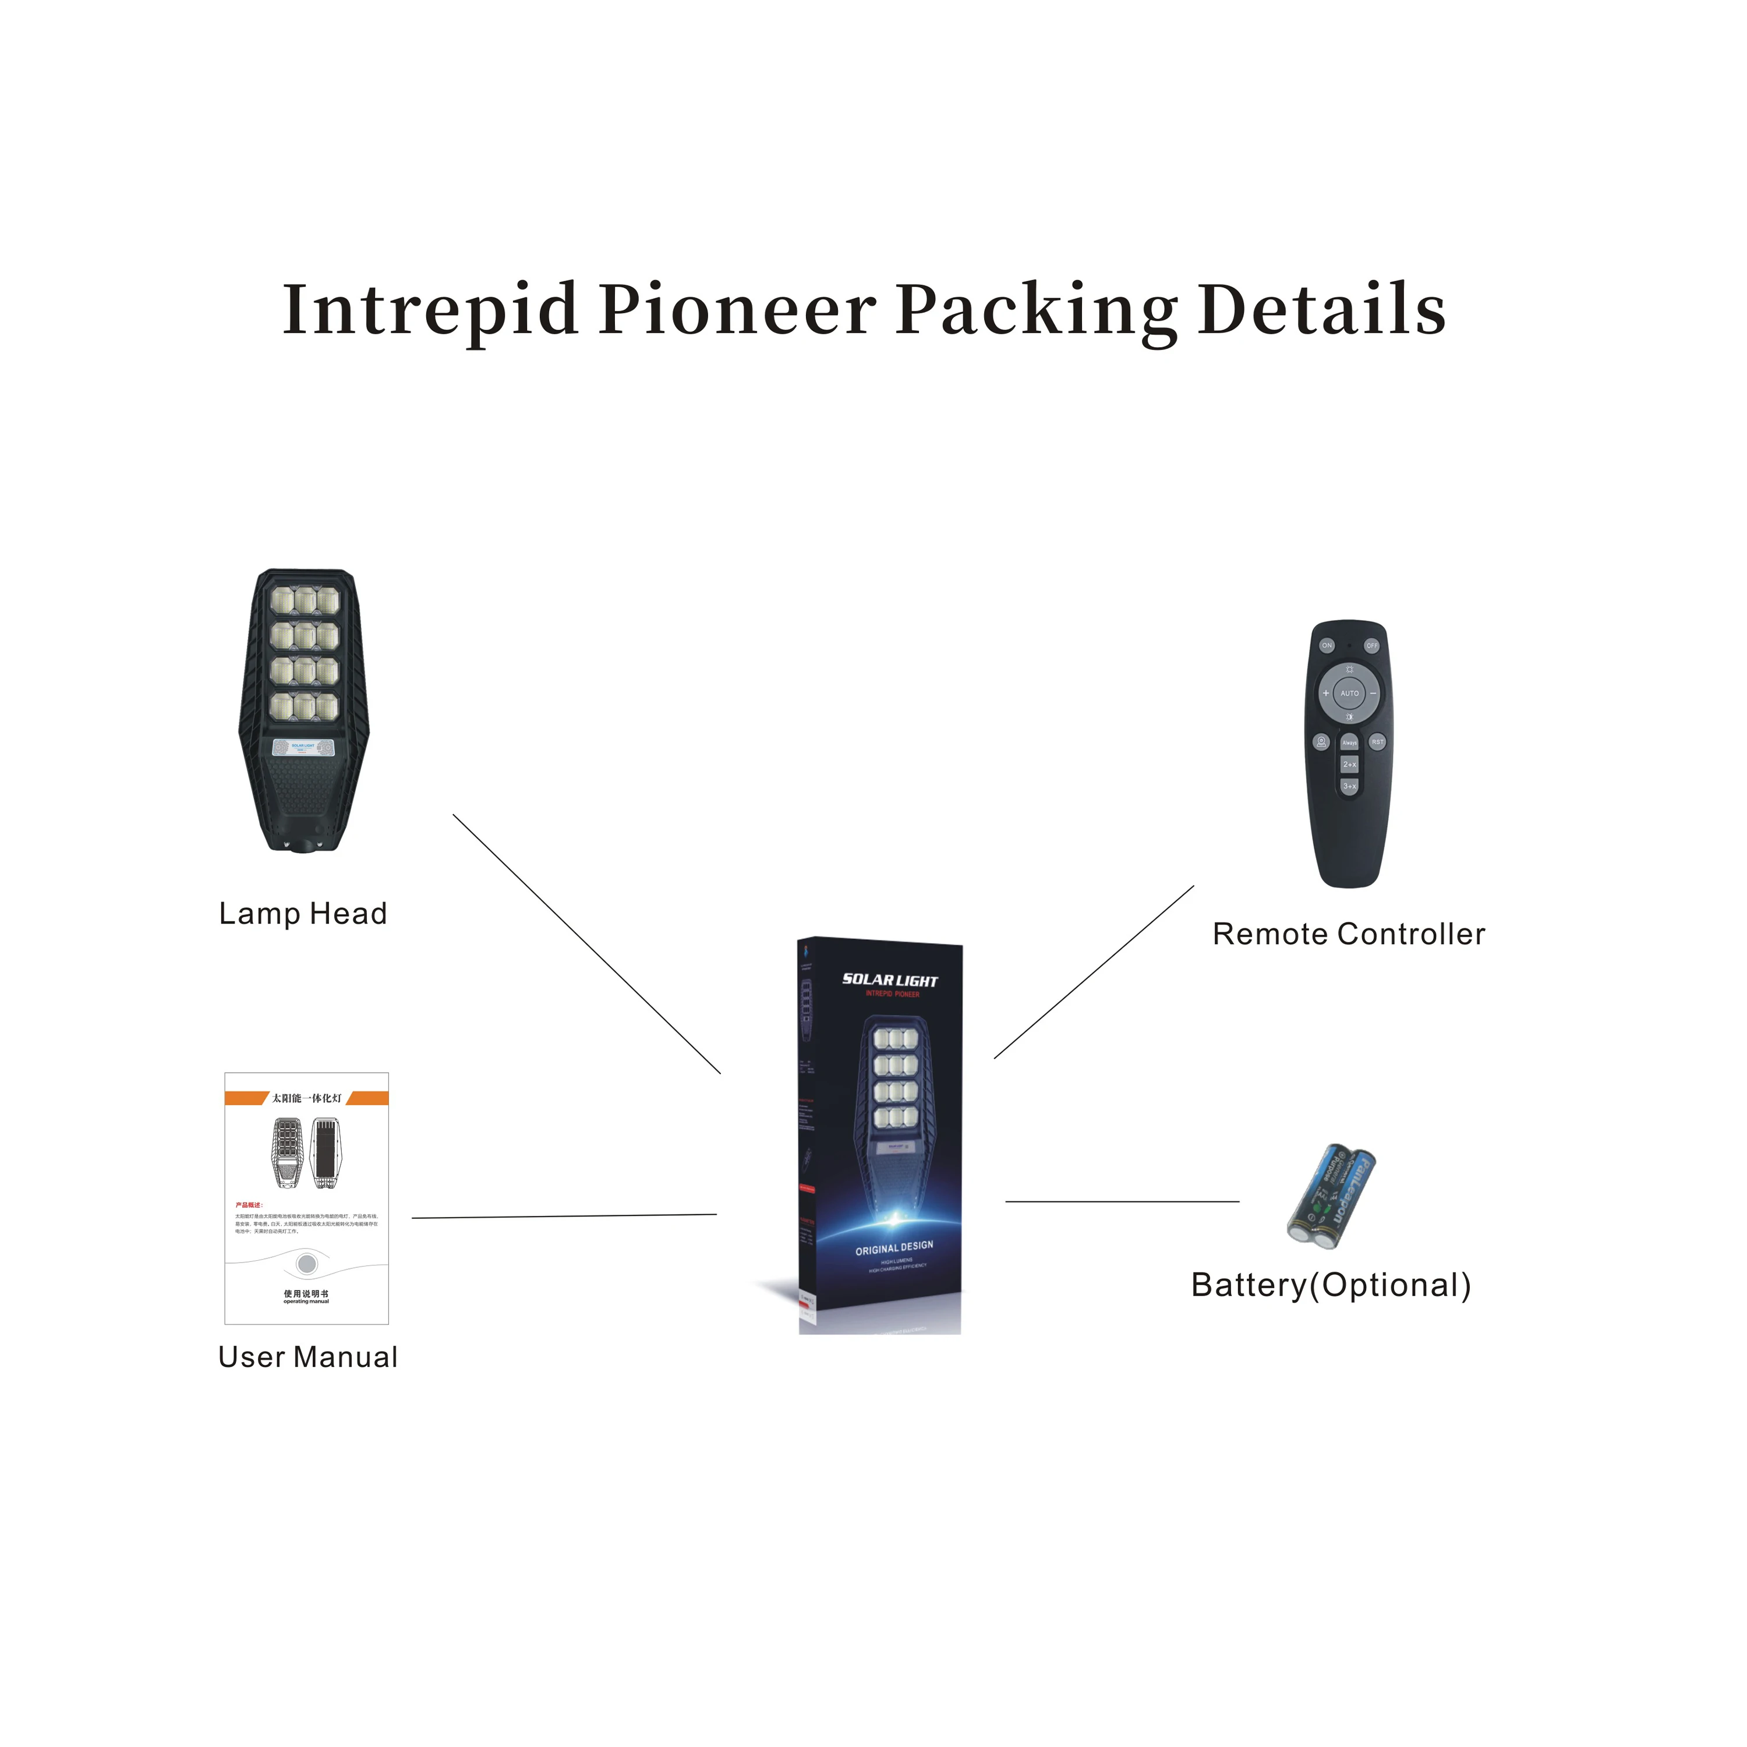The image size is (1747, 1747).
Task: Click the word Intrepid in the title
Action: coord(430,310)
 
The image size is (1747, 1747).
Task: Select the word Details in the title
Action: coord(1321,310)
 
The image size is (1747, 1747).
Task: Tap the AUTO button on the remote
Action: coord(1349,694)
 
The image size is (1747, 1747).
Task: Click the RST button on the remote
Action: coord(1377,742)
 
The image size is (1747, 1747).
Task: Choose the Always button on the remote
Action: coord(1349,743)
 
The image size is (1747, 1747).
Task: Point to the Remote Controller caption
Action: coord(1348,934)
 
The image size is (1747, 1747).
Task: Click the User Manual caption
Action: coord(307,1357)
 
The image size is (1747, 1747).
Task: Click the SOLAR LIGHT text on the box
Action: coord(890,980)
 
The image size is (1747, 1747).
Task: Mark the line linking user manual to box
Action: coord(564,1216)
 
